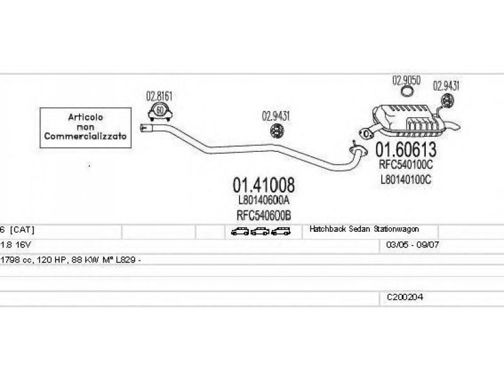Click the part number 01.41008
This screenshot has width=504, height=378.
pyautogui.click(x=264, y=185)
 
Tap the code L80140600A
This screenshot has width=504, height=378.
pyautogui.click(x=264, y=200)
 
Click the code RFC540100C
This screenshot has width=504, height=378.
pyautogui.click(x=406, y=165)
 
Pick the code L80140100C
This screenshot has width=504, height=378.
pyautogui.click(x=406, y=179)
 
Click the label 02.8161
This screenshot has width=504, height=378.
pyautogui.click(x=159, y=96)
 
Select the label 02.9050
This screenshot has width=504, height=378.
pyautogui.click(x=406, y=81)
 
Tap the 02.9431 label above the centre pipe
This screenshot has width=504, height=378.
pyautogui.click(x=275, y=116)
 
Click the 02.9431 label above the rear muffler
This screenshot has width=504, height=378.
pyautogui.click(x=446, y=86)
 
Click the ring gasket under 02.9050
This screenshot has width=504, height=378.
pyautogui.click(x=408, y=93)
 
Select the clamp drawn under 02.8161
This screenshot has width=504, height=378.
pyautogui.click(x=160, y=112)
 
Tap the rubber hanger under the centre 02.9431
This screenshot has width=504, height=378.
pyautogui.click(x=276, y=131)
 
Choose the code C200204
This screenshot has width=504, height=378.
pyautogui.click(x=405, y=297)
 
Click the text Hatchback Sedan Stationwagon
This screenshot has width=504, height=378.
pyautogui.click(x=364, y=230)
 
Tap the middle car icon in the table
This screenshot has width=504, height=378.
pyautogui.click(x=260, y=231)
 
